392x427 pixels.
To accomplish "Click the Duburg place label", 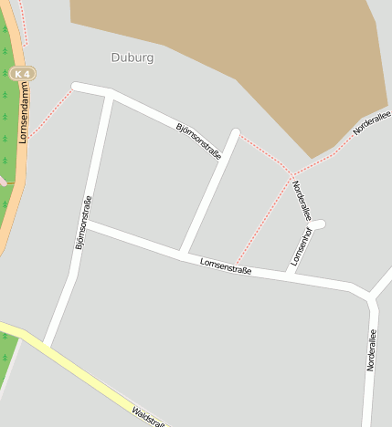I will click(132, 57).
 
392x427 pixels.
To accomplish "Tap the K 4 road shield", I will click(24, 73).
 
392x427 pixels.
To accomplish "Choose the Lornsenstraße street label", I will click(226, 266).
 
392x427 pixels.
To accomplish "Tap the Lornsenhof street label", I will click(300, 245).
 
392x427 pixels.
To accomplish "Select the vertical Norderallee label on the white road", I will click(371, 349).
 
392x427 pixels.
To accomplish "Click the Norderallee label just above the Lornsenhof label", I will click(302, 200).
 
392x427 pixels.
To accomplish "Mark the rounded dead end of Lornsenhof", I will click(319, 224).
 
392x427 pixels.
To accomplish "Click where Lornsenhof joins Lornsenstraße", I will click(290, 275).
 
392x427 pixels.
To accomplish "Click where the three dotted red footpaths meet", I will click(292, 173).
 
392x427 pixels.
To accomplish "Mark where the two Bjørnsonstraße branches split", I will click(111, 93).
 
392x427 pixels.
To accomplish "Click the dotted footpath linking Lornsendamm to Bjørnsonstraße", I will click(50, 114).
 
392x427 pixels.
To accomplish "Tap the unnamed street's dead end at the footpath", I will click(236, 134).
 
